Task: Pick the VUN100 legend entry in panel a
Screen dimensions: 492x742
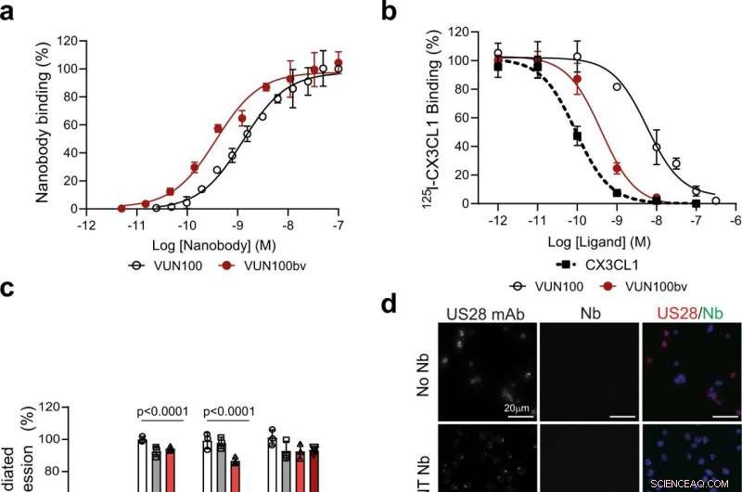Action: pos(167,265)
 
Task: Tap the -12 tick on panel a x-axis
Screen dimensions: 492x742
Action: pos(85,226)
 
